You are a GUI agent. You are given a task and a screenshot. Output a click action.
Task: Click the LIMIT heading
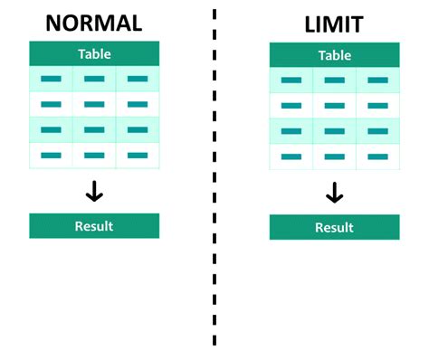coord(334,24)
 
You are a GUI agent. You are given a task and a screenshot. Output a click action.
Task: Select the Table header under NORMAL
coord(94,53)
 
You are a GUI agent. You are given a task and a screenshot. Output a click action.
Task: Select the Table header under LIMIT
coord(334,56)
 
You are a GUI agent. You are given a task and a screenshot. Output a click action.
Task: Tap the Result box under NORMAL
coord(94,225)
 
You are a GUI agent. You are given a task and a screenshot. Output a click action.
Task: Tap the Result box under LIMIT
coord(334,227)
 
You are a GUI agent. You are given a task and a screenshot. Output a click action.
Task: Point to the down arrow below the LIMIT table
coord(334,192)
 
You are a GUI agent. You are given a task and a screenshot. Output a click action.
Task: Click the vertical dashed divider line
coord(214,181)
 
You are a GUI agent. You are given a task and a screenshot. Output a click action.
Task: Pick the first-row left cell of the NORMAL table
coord(51,79)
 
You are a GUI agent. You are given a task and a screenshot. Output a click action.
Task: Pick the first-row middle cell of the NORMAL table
coord(94,79)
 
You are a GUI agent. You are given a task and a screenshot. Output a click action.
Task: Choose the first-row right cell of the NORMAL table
coord(138,79)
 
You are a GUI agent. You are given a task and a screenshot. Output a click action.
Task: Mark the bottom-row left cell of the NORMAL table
coord(51,156)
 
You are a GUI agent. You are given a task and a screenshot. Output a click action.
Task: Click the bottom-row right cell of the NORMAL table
coord(138,156)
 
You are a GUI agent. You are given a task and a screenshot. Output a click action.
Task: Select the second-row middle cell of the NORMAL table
coord(94,104)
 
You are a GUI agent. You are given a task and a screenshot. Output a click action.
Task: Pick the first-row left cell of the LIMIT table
coord(291,81)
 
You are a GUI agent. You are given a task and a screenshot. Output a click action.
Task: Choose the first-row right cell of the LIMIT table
coord(377,81)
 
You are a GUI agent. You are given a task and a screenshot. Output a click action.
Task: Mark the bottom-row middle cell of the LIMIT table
coord(334,156)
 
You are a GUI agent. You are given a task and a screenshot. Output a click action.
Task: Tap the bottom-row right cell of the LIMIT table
coord(377,156)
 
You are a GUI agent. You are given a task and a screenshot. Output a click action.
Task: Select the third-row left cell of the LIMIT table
coord(291,131)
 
